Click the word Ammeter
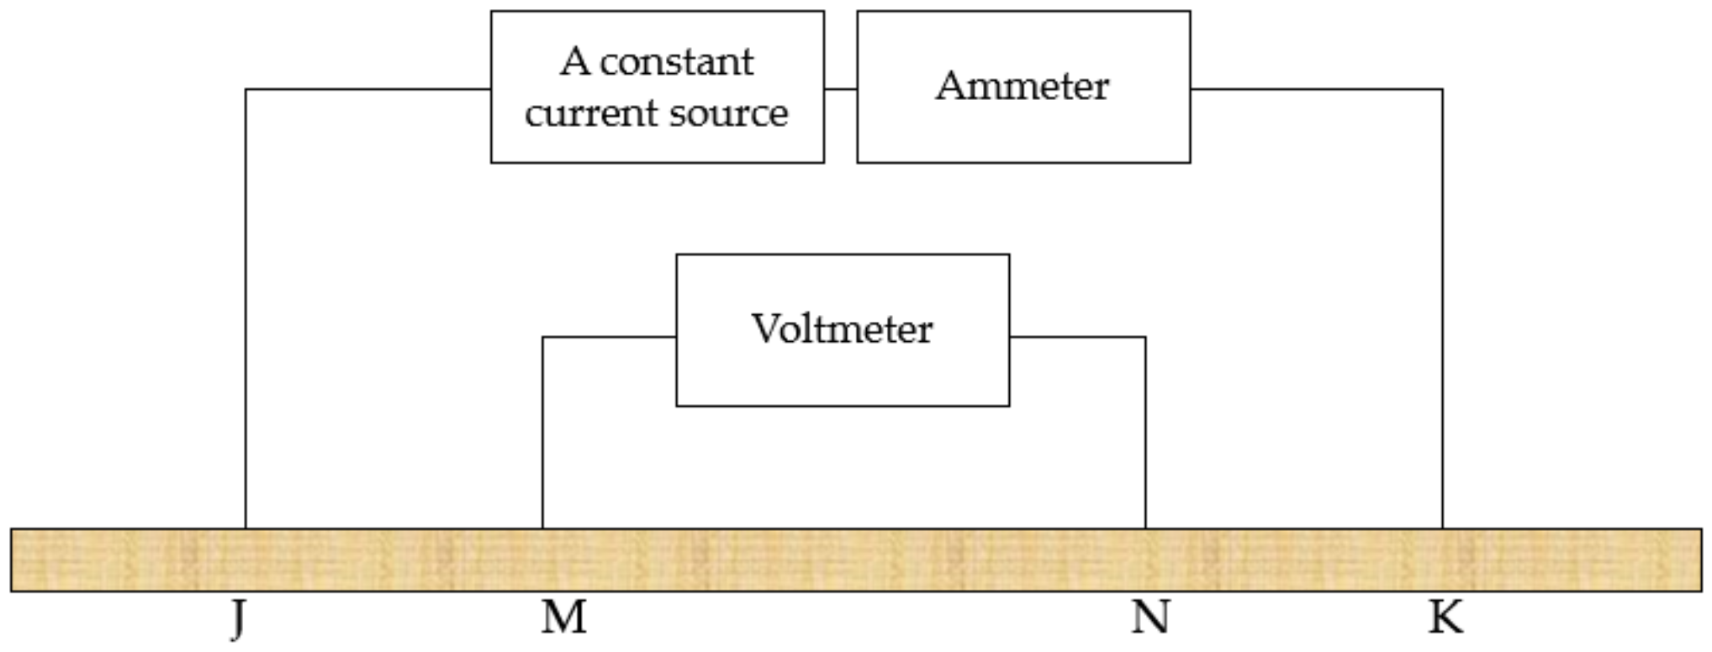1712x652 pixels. point(1022,86)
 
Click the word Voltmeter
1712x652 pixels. point(842,329)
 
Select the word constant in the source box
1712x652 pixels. point(677,62)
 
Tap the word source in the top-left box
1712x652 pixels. point(729,113)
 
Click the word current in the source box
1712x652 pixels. point(589,113)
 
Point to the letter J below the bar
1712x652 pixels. point(238,619)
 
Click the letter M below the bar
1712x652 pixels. point(563,618)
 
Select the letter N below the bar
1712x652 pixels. point(1149,618)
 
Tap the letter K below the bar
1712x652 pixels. point(1445,618)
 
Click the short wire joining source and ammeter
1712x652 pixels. point(840,88)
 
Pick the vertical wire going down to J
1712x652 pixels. point(246,311)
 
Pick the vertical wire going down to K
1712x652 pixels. point(1443,311)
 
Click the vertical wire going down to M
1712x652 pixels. point(542,433)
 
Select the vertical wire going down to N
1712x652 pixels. point(1145,433)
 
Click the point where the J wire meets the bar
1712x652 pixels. point(246,528)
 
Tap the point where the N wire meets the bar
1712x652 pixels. point(1145,528)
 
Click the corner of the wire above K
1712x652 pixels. point(1443,89)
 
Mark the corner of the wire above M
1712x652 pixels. point(542,337)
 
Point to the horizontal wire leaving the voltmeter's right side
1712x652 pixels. point(1076,337)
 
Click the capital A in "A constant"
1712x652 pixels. point(574,62)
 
